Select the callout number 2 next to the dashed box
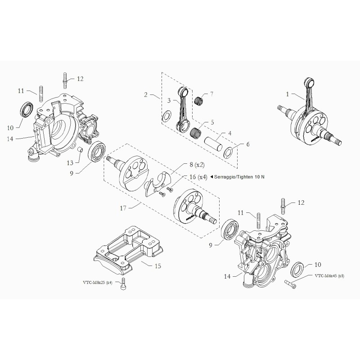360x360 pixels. click(146, 94)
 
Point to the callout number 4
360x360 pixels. click(229, 133)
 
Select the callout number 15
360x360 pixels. click(157, 266)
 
